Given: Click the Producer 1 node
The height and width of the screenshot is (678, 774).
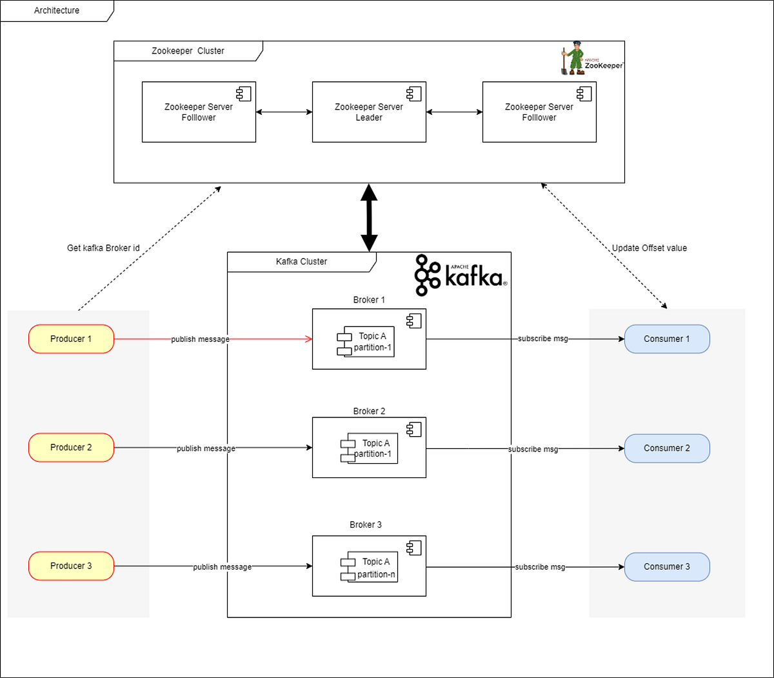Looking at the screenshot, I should (x=71, y=339).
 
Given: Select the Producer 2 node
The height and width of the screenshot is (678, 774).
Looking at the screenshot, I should (x=71, y=448).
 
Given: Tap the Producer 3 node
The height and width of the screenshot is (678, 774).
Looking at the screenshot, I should (x=71, y=566).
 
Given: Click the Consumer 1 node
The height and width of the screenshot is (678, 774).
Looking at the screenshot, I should (x=666, y=339).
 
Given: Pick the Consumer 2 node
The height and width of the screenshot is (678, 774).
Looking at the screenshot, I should (x=666, y=448).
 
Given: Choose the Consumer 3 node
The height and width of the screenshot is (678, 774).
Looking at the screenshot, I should (x=666, y=566).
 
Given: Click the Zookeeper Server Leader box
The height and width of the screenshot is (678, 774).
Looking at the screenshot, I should (x=369, y=112).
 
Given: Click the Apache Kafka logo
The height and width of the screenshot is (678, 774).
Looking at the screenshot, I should (x=460, y=275).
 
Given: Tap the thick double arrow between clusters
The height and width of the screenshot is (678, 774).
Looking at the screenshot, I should (x=369, y=217).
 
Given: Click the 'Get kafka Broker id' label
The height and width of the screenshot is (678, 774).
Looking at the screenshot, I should (x=103, y=248).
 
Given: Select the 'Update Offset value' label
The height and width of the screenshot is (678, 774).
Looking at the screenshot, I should (x=649, y=248).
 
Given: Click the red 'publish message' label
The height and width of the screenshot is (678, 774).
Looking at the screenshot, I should (x=200, y=339).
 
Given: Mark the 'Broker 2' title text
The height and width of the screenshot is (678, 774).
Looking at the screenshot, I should (x=369, y=411).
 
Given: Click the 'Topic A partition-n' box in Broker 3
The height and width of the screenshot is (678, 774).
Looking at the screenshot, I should (x=370, y=568).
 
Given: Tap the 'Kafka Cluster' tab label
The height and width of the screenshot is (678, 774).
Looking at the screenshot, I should (x=301, y=261).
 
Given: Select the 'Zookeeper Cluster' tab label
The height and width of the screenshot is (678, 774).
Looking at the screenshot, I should (x=188, y=51).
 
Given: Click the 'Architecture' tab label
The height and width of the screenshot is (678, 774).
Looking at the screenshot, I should (x=57, y=10).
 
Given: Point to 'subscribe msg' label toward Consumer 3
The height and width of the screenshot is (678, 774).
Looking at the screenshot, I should (x=540, y=567).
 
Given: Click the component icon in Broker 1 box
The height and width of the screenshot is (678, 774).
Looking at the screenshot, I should (x=414, y=320).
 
